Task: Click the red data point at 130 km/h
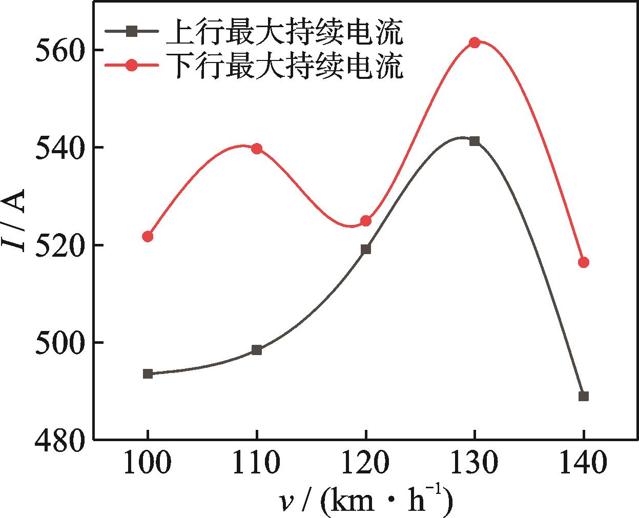click(475, 43)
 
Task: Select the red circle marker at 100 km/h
click(148, 236)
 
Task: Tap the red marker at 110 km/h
click(257, 149)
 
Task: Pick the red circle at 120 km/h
click(366, 221)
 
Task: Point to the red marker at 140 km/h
click(583, 262)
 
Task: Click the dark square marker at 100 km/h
click(148, 374)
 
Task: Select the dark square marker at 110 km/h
click(257, 350)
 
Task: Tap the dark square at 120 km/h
click(366, 250)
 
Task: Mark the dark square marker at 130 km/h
click(475, 141)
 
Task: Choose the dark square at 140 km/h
click(583, 396)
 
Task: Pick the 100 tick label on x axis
click(148, 463)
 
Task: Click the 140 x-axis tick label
click(583, 463)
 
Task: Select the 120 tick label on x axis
click(366, 463)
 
